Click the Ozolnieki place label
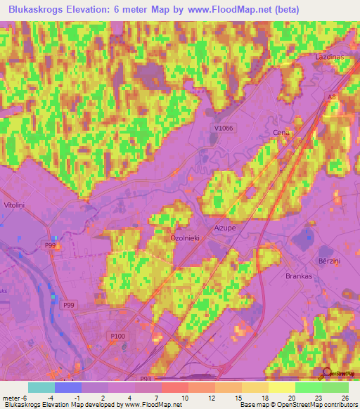click(186, 238)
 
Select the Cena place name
click(281, 133)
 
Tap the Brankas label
click(299, 276)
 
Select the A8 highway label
click(332, 98)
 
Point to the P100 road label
click(117, 337)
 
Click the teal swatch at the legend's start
click(41, 387)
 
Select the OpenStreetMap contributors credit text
click(322, 405)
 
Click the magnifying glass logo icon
click(327, 373)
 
